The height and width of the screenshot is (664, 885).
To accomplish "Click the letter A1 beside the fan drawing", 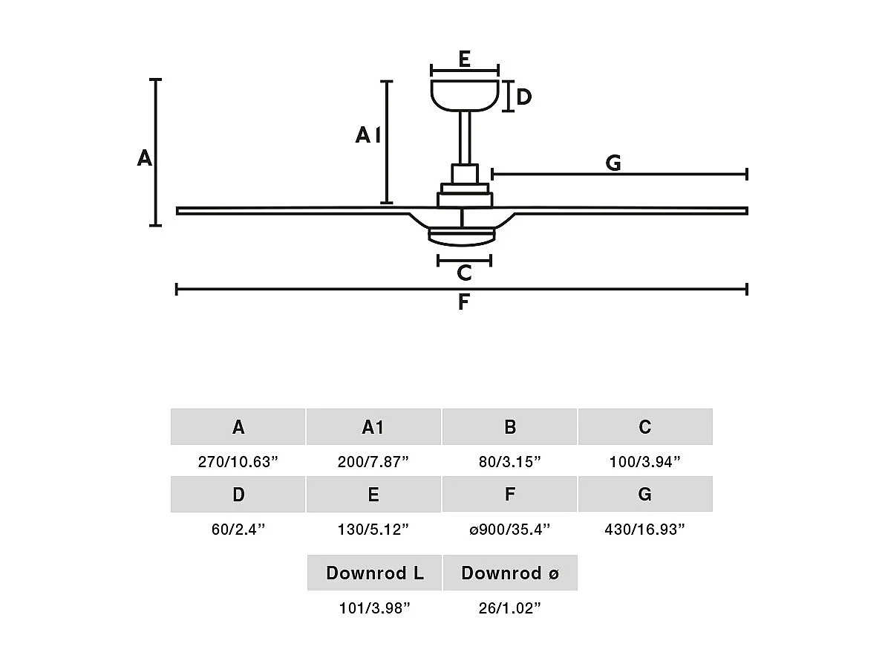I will (x=368, y=135).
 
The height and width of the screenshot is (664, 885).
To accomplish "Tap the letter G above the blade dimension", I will (x=613, y=163).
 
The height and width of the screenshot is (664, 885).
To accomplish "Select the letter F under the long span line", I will (x=463, y=302).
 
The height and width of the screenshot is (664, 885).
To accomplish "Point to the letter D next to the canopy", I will (x=523, y=97).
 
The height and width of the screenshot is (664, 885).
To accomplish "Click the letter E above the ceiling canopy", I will (x=464, y=59).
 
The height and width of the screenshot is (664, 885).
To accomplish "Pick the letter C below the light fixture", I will (x=464, y=273).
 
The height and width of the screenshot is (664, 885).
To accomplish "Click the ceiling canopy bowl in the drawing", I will (x=464, y=95).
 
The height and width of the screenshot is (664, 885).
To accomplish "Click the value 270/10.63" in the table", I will (x=238, y=461).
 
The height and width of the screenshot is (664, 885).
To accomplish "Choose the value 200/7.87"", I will (x=373, y=461).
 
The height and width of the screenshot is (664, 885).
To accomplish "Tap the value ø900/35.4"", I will (x=509, y=530).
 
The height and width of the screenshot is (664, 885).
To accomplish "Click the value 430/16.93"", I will (x=644, y=530).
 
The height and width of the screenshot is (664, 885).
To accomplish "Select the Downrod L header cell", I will (x=375, y=573).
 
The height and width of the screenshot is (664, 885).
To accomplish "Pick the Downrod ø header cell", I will (x=510, y=573).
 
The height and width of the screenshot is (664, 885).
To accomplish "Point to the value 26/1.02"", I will (x=509, y=608).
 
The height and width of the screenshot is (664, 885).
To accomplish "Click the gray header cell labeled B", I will (x=509, y=427).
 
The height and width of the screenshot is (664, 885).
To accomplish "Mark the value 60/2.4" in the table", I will (x=238, y=530).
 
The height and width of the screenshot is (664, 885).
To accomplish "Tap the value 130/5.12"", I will (x=373, y=530).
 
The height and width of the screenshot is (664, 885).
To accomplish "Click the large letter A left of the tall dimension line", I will (x=144, y=157).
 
